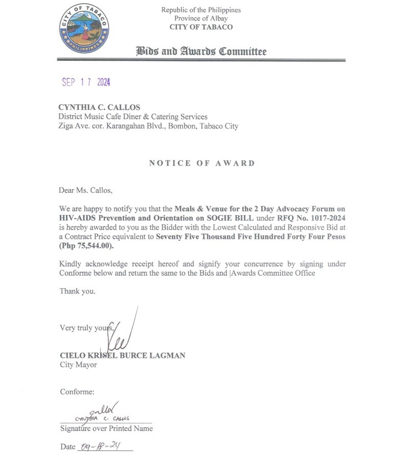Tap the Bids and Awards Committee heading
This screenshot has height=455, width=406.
click(201, 52)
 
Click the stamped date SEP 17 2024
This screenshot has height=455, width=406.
click(86, 82)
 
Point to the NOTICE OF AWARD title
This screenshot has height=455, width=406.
click(201, 163)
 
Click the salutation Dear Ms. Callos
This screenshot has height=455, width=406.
click(85, 191)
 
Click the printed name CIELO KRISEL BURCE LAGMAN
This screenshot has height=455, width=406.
click(122, 355)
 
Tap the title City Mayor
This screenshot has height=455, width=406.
click(78, 365)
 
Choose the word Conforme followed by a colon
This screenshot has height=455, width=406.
click(77, 392)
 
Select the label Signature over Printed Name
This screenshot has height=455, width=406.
click(106, 428)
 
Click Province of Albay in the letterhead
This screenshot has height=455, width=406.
click(201, 18)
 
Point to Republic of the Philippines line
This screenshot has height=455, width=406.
click(201, 10)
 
